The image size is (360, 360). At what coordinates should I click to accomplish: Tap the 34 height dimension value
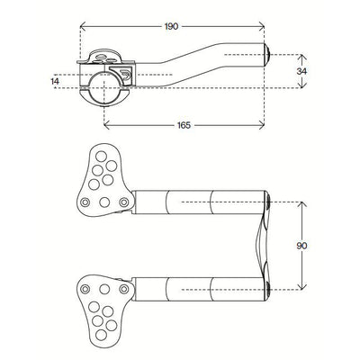click(306, 68)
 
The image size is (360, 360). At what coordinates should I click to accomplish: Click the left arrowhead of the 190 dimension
click(84, 29)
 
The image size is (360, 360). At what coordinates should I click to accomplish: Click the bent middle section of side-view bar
click(175, 68)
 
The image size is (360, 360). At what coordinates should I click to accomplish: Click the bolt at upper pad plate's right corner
click(123, 203)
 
